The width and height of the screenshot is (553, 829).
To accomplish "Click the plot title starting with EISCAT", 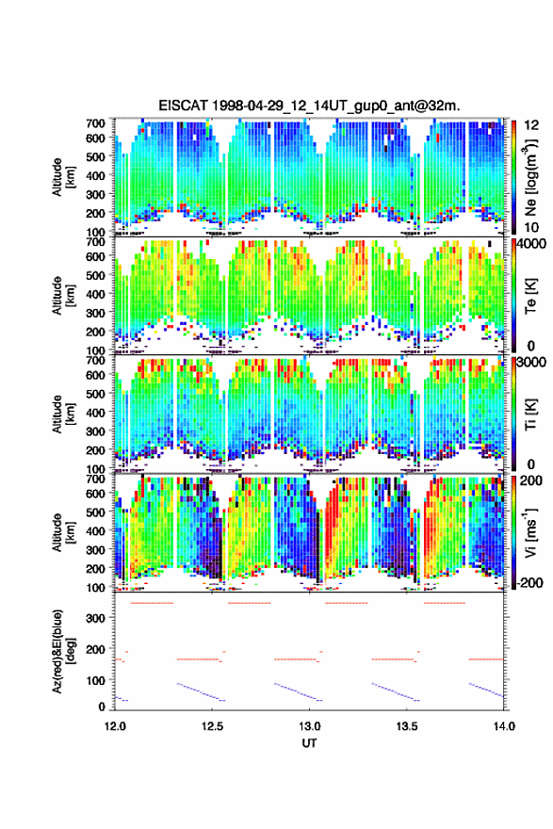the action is (309, 106).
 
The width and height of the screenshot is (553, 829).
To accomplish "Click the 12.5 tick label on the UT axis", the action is (212, 726).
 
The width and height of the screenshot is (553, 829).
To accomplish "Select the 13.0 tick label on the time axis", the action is (309, 726).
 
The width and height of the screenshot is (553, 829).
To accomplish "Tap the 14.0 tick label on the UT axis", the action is (504, 726).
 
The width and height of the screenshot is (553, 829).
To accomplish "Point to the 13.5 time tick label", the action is (407, 726).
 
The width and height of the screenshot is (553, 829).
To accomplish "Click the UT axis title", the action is (309, 743).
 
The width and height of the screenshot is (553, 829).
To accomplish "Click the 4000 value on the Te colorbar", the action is (532, 244).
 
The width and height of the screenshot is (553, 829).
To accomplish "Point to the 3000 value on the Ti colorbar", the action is (532, 363).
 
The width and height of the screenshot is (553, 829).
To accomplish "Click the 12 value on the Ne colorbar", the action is (532, 125).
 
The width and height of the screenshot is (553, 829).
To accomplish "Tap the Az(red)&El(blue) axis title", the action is (63, 651).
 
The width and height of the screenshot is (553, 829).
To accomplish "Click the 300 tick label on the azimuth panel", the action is (95, 618).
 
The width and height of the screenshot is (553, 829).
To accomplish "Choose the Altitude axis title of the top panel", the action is (63, 177).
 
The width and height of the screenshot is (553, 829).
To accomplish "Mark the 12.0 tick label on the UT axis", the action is (115, 726).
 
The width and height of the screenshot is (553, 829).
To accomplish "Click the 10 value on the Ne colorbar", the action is (531, 227).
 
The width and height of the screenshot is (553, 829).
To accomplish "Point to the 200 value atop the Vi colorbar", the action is (531, 480).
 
